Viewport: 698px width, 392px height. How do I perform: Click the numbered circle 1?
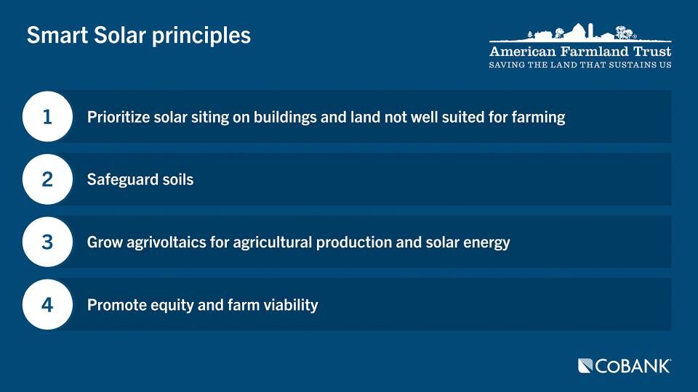(47, 116)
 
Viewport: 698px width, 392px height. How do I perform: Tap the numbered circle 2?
(47, 179)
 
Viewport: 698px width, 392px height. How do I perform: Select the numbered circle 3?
(47, 242)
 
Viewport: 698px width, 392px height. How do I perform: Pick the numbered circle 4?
(47, 305)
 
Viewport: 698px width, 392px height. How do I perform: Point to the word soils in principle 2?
(177, 179)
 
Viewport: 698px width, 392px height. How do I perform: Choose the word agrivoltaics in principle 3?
(174, 242)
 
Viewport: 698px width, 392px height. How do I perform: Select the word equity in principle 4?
(169, 306)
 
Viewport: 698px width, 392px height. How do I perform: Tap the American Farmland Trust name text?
(580, 52)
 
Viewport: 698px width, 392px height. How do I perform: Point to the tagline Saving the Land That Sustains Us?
(580, 65)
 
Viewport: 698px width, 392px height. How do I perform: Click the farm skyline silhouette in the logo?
(582, 33)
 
